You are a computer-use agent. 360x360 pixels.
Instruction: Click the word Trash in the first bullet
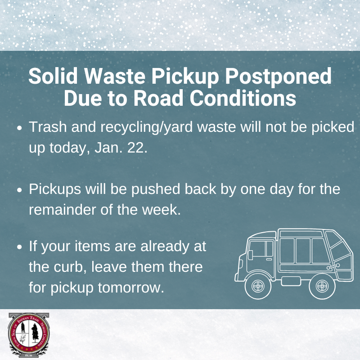tap(47, 127)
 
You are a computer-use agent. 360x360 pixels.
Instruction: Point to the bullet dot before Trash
tap(20, 128)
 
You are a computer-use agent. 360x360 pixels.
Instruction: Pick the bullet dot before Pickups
tap(20, 190)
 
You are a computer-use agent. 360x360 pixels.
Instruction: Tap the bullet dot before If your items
tap(20, 247)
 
